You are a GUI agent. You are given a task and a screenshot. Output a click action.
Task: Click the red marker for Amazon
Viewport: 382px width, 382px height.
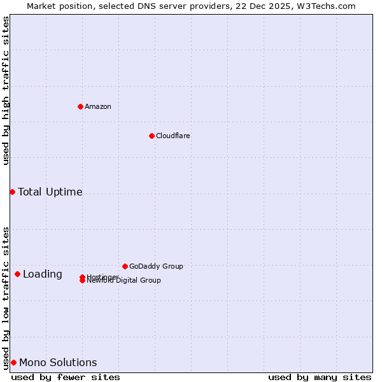(80, 106)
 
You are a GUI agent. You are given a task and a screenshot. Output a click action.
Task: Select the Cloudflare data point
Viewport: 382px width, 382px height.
(152, 136)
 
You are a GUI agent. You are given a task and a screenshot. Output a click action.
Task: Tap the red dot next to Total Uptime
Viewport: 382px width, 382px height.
(12, 192)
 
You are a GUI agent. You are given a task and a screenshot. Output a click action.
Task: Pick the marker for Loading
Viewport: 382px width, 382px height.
(17, 274)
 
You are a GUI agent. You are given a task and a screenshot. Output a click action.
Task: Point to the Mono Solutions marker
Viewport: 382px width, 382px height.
(13, 362)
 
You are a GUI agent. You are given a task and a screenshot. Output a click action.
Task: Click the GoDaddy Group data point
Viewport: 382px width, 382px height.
(125, 266)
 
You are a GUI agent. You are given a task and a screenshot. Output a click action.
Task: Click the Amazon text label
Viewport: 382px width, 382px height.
(97, 106)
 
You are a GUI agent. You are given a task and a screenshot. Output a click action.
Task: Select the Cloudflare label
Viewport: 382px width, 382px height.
(173, 136)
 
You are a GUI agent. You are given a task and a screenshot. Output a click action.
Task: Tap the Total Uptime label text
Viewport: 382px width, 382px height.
(50, 192)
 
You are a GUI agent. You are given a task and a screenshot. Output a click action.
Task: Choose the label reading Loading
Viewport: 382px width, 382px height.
(42, 274)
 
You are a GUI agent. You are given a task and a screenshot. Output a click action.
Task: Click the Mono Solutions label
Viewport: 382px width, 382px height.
(58, 362)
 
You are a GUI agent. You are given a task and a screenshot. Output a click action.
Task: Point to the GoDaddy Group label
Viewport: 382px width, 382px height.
(156, 266)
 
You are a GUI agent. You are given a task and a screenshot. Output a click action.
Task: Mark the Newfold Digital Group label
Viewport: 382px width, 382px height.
(124, 281)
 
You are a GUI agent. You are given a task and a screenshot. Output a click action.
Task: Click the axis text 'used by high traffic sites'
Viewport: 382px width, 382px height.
(6, 90)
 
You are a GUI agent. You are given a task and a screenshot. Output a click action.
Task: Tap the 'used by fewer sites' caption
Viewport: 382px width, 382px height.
(66, 377)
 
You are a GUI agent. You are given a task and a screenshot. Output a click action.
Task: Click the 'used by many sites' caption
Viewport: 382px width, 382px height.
(320, 377)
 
